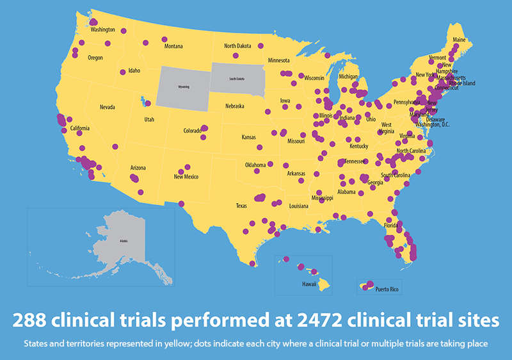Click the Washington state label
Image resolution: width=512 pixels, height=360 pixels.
102,29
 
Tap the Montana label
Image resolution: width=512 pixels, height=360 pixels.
173,47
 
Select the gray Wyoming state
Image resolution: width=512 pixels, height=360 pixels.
185,85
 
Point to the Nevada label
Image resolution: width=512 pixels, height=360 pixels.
108,107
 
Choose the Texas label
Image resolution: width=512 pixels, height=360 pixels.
241,206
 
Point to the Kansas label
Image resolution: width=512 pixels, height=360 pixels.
249,137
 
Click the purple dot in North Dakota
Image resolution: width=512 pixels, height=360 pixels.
260,46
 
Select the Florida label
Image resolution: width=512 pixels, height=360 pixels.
391,225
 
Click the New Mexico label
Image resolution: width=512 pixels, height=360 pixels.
185,177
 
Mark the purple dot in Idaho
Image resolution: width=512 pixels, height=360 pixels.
120,71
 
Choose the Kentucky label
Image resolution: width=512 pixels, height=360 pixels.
359,146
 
